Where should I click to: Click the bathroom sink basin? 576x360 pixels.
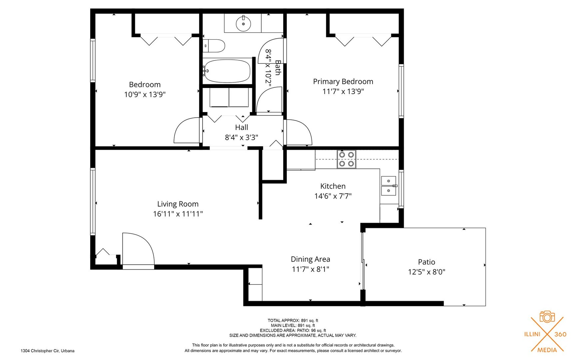pyautogui.click(x=243, y=24)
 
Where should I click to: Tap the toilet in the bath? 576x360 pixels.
pyautogui.click(x=214, y=46)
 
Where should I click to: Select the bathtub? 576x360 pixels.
pyautogui.click(x=227, y=71)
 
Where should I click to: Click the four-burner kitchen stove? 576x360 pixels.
pyautogui.click(x=346, y=159)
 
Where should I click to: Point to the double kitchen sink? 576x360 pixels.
pyautogui.click(x=389, y=186)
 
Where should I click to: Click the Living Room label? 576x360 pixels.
pyautogui.click(x=178, y=204)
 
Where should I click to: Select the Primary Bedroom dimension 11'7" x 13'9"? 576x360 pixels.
pyautogui.click(x=343, y=91)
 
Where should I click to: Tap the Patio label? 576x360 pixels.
pyautogui.click(x=427, y=262)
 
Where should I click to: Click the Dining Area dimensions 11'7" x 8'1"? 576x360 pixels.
pyautogui.click(x=310, y=269)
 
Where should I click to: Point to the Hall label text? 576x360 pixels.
pyautogui.click(x=242, y=127)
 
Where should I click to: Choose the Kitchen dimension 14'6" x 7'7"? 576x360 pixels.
pyautogui.click(x=333, y=196)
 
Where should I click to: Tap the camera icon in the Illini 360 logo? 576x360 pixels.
pyautogui.click(x=547, y=317)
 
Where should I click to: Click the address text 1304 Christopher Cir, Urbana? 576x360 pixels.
pyautogui.click(x=48, y=351)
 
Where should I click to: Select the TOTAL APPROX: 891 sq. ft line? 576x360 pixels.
pyautogui.click(x=293, y=321)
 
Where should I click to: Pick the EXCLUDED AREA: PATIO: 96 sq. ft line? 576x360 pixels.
pyautogui.click(x=293, y=331)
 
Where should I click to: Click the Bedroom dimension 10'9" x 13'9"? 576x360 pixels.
pyautogui.click(x=145, y=95)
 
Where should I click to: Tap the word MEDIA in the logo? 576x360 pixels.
pyautogui.click(x=547, y=350)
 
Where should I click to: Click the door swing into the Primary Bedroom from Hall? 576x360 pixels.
pyautogui.click(x=299, y=132)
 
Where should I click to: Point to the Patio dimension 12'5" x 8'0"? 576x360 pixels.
pyautogui.click(x=427, y=272)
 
